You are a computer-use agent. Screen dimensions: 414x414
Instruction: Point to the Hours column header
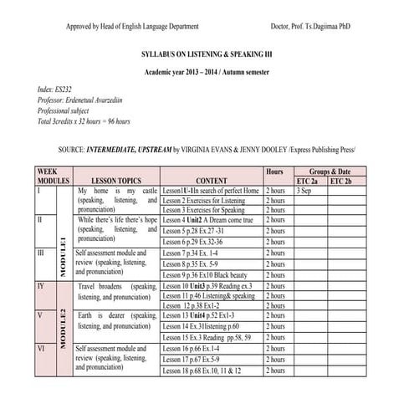coord(274,171)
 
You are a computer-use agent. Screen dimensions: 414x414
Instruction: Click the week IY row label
coord(42,286)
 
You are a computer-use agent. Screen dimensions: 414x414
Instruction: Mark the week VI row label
coord(41,347)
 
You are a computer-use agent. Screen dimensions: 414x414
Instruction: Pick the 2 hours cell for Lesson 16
coord(275,347)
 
